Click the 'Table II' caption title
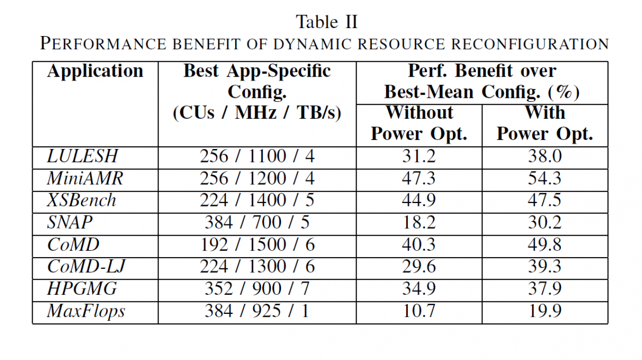(x=327, y=22)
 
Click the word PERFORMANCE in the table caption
(x=103, y=44)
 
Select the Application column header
(x=95, y=71)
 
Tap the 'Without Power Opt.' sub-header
(x=419, y=123)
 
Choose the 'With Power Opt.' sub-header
(x=545, y=123)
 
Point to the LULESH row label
(x=82, y=156)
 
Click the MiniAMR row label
(x=85, y=178)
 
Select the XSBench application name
(x=81, y=200)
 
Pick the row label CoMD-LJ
(x=86, y=267)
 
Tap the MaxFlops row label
(x=86, y=311)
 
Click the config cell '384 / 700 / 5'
(x=257, y=223)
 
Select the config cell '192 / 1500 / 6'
(x=257, y=245)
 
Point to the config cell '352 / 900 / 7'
(x=257, y=289)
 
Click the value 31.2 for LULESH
(x=419, y=156)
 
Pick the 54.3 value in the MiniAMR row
(x=545, y=178)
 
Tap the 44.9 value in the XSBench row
(x=419, y=200)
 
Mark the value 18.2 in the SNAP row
(x=419, y=223)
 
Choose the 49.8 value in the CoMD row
(x=545, y=245)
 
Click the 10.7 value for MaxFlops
(x=419, y=311)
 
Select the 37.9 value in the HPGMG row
(x=545, y=289)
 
